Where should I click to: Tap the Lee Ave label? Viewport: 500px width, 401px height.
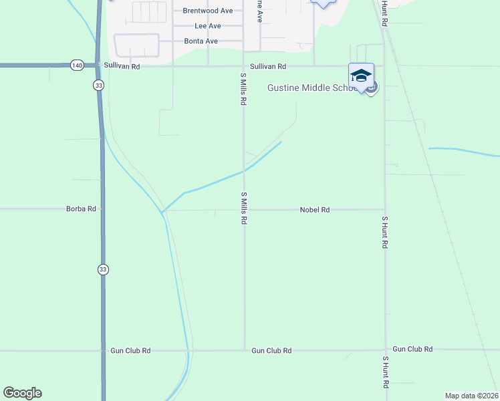tap(207, 26)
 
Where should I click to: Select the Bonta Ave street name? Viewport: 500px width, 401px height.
tap(201, 41)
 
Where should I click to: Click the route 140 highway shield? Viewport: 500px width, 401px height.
tap(76, 65)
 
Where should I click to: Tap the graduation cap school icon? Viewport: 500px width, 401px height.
tap(361, 76)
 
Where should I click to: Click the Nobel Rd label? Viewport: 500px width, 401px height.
tap(315, 210)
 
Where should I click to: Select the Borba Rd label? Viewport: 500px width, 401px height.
tap(81, 209)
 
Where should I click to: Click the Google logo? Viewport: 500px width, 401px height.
tap(22, 393)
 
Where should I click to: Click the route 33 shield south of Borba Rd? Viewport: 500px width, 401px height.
tap(102, 269)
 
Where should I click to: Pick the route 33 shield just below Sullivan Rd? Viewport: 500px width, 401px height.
tap(98, 85)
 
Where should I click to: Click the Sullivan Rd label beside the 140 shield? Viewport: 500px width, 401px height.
tap(122, 66)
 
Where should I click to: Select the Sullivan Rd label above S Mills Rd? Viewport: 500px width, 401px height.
tap(268, 67)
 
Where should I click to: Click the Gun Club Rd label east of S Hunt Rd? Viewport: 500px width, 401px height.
tap(412, 350)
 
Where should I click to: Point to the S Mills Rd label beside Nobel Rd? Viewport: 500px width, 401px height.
tap(244, 208)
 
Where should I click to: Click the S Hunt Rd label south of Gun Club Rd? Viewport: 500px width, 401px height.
tap(385, 373)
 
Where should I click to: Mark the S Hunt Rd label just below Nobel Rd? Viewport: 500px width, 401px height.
tap(385, 232)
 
